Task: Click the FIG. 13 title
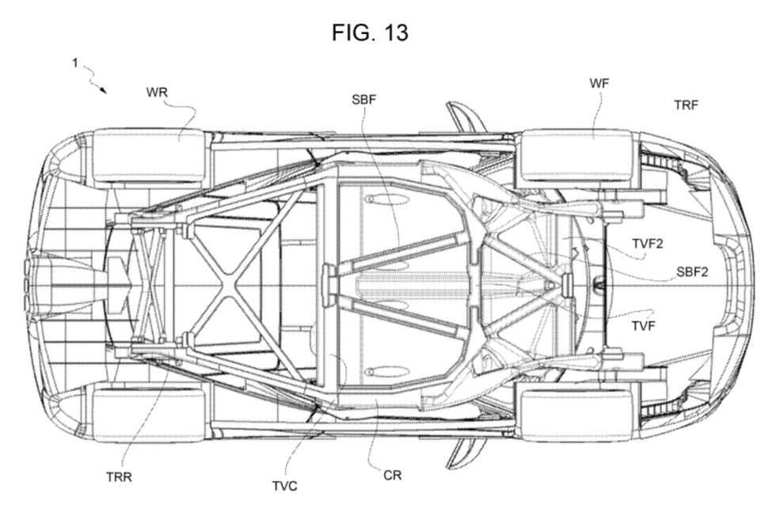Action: [x=371, y=32]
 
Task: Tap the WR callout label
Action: [x=157, y=93]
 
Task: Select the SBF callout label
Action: [x=363, y=100]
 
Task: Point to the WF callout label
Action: [x=599, y=83]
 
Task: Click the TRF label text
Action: [x=686, y=105]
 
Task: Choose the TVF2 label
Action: [x=648, y=244]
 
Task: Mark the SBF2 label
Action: [x=692, y=271]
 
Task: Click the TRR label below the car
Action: [x=120, y=477]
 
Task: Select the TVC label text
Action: [x=285, y=486]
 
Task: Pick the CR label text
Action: [x=393, y=476]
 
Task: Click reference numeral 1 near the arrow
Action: [x=74, y=63]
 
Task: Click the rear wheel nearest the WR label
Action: [x=149, y=155]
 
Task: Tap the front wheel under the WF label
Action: [x=577, y=155]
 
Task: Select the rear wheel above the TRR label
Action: [x=149, y=415]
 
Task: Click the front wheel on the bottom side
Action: [x=577, y=415]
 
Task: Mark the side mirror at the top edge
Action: [x=464, y=117]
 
